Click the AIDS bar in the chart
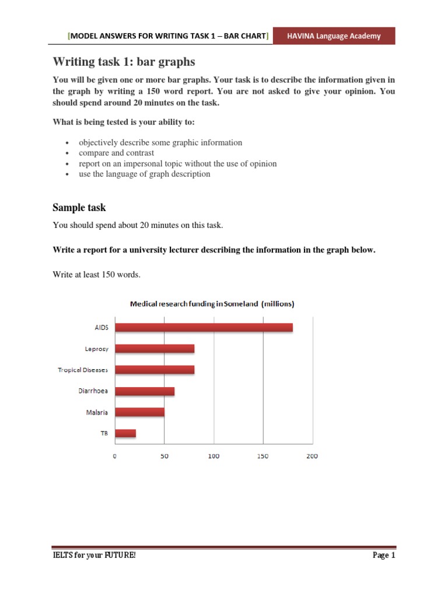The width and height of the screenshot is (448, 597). click(204, 328)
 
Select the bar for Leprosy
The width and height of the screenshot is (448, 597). click(155, 349)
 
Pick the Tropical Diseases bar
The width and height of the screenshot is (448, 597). click(155, 370)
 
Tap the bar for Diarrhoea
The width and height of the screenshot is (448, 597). click(145, 391)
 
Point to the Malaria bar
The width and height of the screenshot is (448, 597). click(139, 412)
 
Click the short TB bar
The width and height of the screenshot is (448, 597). click(125, 433)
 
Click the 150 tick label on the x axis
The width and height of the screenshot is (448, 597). click(262, 456)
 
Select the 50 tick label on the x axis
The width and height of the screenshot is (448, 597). click(164, 456)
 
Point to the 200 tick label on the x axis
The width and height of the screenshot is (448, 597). click(312, 456)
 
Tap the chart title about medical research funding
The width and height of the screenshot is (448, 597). click(212, 304)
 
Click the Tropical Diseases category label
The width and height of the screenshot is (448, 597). click(82, 370)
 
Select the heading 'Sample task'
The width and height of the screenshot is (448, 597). click(79, 208)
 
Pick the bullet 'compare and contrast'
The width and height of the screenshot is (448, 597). click(116, 153)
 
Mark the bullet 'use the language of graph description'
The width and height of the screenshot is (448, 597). click(144, 174)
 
